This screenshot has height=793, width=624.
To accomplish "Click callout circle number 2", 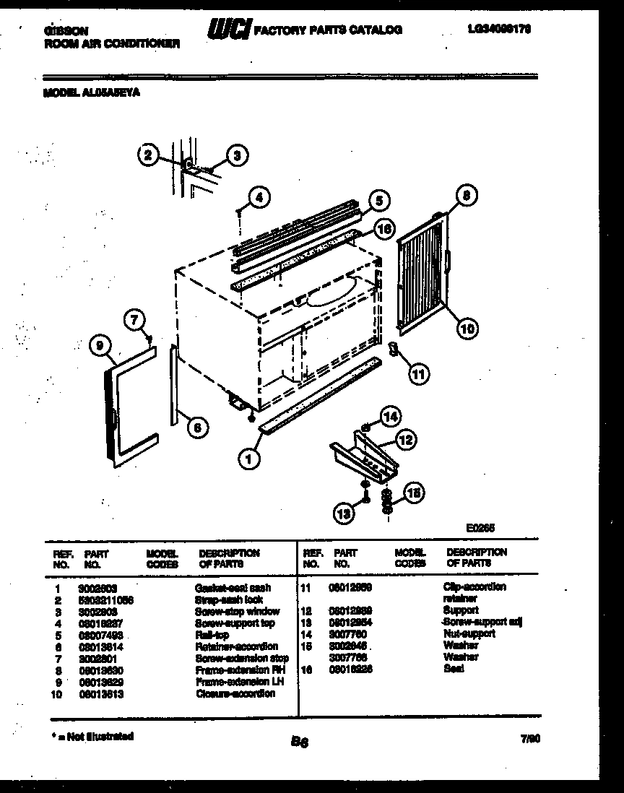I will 147,154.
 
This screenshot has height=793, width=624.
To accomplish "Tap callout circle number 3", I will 236,154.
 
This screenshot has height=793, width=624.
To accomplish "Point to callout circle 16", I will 385,229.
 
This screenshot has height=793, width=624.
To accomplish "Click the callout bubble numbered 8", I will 467,194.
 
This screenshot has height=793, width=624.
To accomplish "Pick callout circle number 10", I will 467,329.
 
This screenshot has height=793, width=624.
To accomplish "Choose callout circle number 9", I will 99,347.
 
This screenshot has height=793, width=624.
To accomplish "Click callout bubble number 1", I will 249,456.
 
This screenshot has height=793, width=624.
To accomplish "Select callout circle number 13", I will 344,513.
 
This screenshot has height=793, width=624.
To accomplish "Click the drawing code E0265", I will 480,528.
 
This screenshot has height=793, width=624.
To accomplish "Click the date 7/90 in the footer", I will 529,737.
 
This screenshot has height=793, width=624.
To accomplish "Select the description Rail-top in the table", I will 212,635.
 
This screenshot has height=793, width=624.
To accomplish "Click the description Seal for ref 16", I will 454,669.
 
